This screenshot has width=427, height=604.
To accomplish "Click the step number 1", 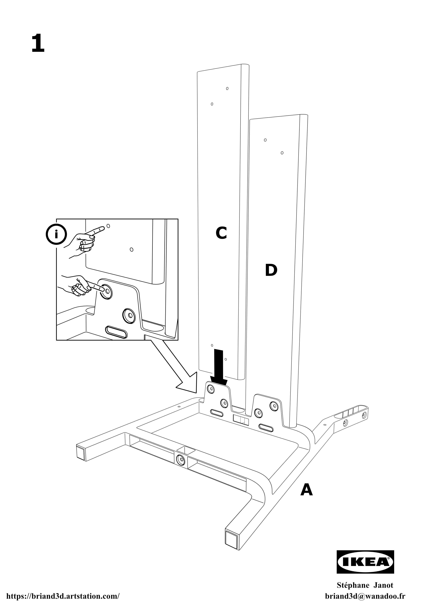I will tap(38, 44).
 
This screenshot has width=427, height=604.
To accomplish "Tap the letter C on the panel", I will tap(221, 233).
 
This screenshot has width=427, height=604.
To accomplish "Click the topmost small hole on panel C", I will tap(227, 88).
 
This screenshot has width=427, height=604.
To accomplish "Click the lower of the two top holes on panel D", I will tap(282, 153).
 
